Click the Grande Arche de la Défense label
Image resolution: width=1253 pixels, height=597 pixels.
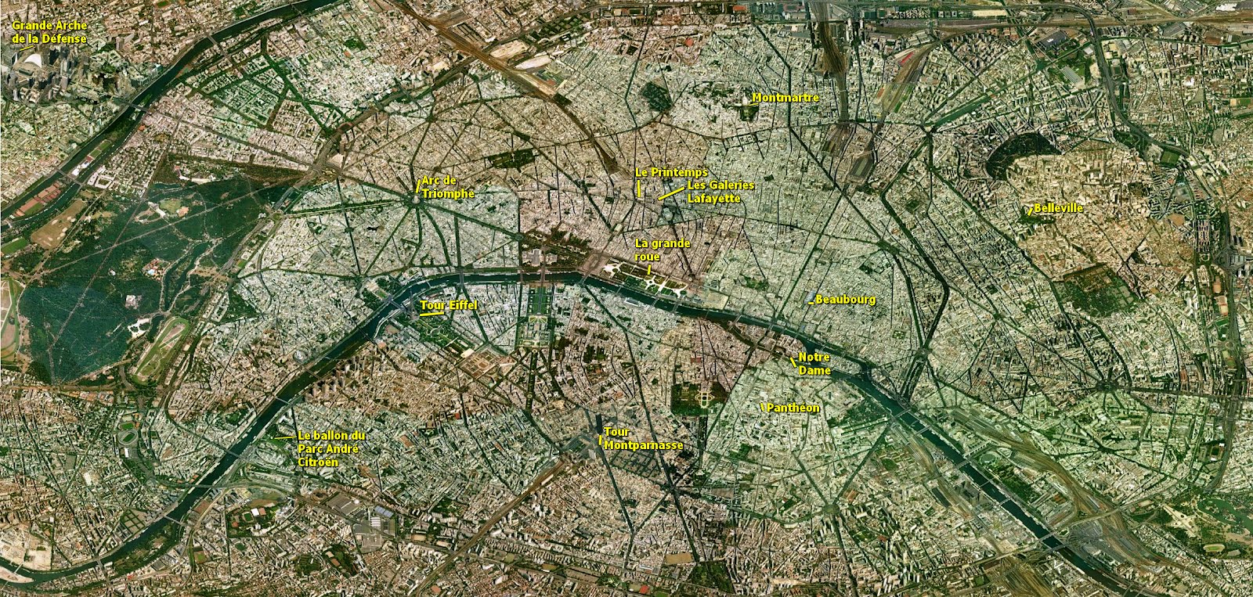49,31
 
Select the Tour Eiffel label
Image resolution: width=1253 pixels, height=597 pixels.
448,305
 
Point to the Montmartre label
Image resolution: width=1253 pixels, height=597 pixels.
785,98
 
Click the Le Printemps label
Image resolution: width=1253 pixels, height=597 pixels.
670,172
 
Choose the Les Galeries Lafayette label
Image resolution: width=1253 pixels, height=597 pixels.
720,192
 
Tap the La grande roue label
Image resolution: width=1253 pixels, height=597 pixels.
663,250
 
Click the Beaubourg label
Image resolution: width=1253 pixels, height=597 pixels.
845,300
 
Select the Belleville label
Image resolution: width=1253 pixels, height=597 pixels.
1058,208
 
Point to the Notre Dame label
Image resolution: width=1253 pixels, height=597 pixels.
814,364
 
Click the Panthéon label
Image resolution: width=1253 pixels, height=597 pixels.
793,408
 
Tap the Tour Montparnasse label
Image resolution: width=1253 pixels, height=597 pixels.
643,438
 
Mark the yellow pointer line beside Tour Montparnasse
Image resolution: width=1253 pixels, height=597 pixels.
601,439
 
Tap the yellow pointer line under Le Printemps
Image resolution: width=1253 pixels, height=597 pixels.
639,188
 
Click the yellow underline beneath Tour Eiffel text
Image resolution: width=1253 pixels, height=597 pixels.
432,315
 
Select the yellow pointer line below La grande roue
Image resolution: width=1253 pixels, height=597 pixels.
649,270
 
